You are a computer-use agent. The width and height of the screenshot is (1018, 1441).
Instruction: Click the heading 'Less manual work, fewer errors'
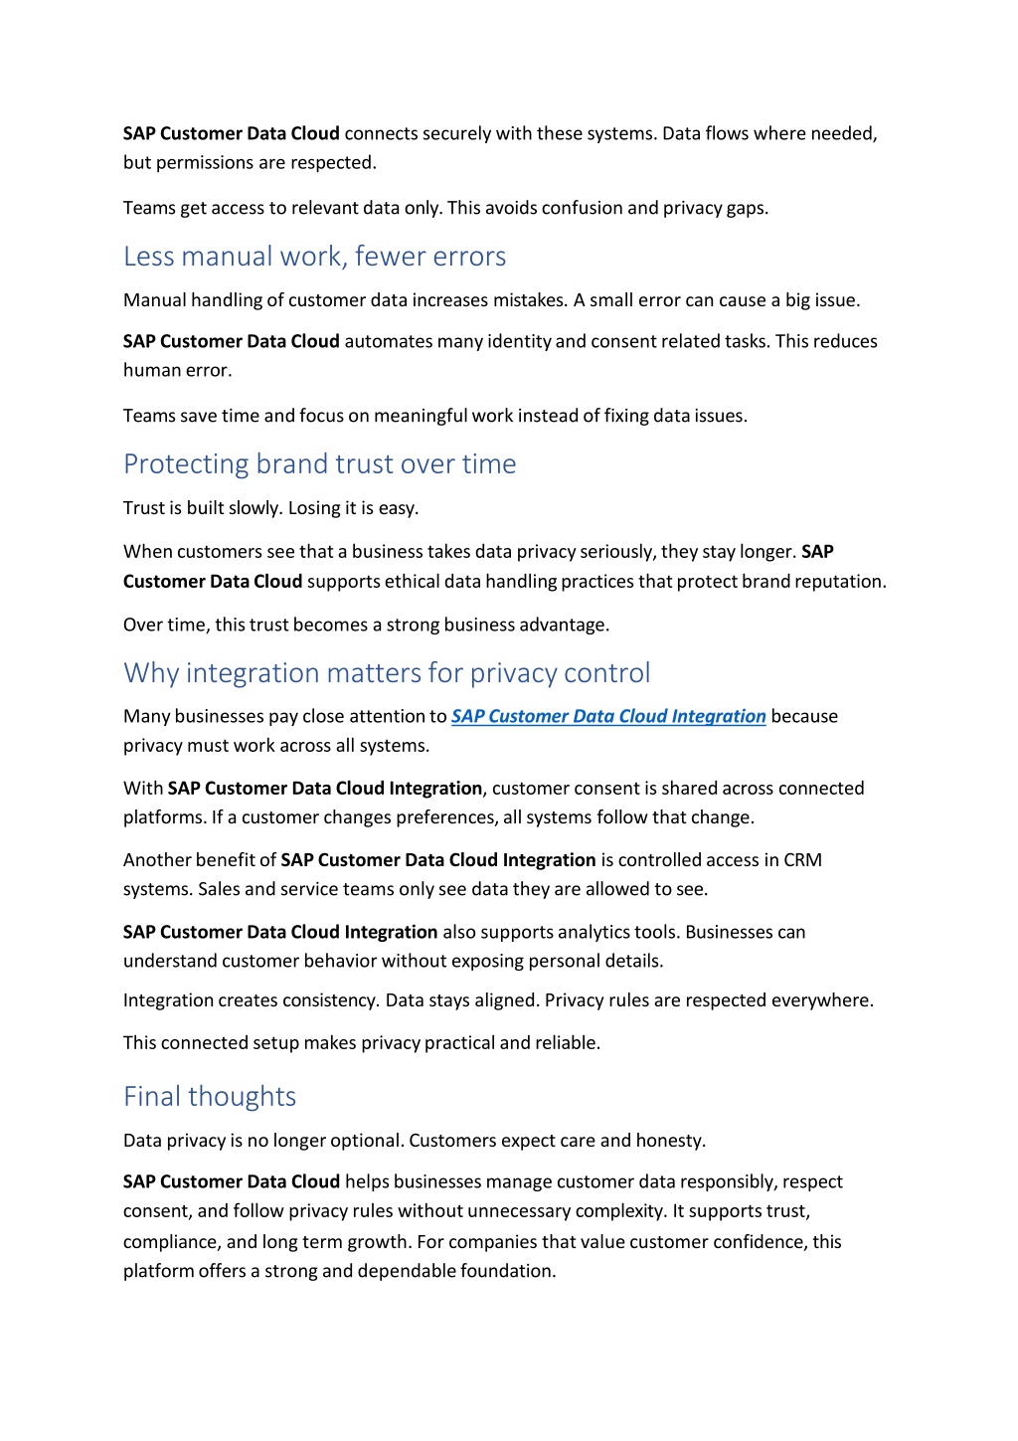pyautogui.click(x=314, y=257)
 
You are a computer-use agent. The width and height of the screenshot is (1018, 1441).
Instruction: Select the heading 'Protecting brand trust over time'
pyautogui.click(x=319, y=464)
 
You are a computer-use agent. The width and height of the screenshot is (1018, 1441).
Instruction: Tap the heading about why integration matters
pyautogui.click(x=387, y=673)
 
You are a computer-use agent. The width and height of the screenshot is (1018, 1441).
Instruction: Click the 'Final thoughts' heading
pyautogui.click(x=210, y=1097)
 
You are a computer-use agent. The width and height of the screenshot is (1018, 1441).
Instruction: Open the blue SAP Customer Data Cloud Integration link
pyautogui.click(x=608, y=716)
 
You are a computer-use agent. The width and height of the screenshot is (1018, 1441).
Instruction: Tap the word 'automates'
pyautogui.click(x=389, y=341)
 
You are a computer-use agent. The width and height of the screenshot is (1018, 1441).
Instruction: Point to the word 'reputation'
pyautogui.click(x=839, y=582)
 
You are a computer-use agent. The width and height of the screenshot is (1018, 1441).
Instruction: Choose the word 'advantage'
pyautogui.click(x=564, y=626)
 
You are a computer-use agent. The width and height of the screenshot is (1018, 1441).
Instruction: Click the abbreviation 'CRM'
pyautogui.click(x=802, y=860)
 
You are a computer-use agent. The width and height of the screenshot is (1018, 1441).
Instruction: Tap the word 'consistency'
pyautogui.click(x=329, y=1000)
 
